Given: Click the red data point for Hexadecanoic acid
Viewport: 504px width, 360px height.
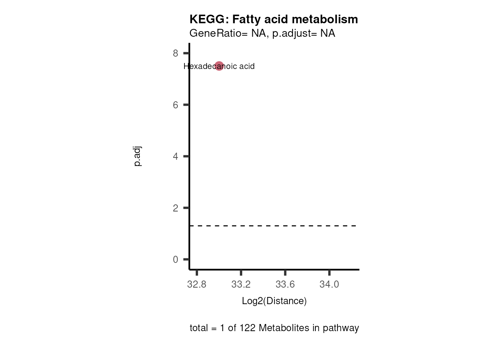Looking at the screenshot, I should (x=219, y=66).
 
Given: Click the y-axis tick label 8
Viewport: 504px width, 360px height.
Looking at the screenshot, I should (x=175, y=53).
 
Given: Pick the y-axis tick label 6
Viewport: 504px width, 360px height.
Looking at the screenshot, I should (x=175, y=105).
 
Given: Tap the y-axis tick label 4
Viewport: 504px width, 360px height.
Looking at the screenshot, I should (x=175, y=156).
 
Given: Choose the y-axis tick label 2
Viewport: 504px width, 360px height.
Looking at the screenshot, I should (x=175, y=208).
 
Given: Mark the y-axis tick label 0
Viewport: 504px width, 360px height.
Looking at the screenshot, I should (x=175, y=259).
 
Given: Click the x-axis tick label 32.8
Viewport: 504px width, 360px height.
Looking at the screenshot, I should (x=196, y=285).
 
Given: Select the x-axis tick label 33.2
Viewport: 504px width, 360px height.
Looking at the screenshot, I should (x=241, y=285).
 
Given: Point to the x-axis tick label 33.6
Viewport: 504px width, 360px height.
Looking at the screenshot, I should (x=285, y=285).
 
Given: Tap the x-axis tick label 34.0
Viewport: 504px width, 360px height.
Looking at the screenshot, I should (x=329, y=285).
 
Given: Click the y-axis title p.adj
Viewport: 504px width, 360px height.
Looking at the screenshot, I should (x=138, y=156).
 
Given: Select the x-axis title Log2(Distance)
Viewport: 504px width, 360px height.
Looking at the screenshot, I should (x=274, y=301).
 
